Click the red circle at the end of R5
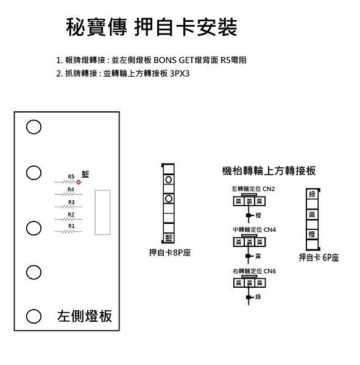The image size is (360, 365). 79,182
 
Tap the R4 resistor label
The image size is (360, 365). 71,189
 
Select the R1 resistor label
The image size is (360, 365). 71,226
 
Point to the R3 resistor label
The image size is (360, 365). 71,202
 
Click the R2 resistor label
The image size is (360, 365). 71,214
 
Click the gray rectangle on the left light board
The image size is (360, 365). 102,212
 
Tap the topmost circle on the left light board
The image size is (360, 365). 34,127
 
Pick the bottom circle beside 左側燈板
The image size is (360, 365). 34,316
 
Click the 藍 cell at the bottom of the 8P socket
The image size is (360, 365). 169,238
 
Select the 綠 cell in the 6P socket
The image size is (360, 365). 312,194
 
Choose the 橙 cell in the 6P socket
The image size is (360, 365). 312,234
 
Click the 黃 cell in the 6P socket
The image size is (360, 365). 312,214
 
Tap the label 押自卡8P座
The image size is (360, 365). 170,252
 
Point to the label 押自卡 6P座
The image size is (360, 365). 319,257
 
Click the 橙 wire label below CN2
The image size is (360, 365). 258,215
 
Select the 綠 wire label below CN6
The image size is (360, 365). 258,297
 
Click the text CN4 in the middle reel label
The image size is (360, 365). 269,230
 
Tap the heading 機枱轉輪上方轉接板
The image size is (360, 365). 269,171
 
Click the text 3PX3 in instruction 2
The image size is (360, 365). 180,74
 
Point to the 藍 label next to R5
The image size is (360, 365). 85,175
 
